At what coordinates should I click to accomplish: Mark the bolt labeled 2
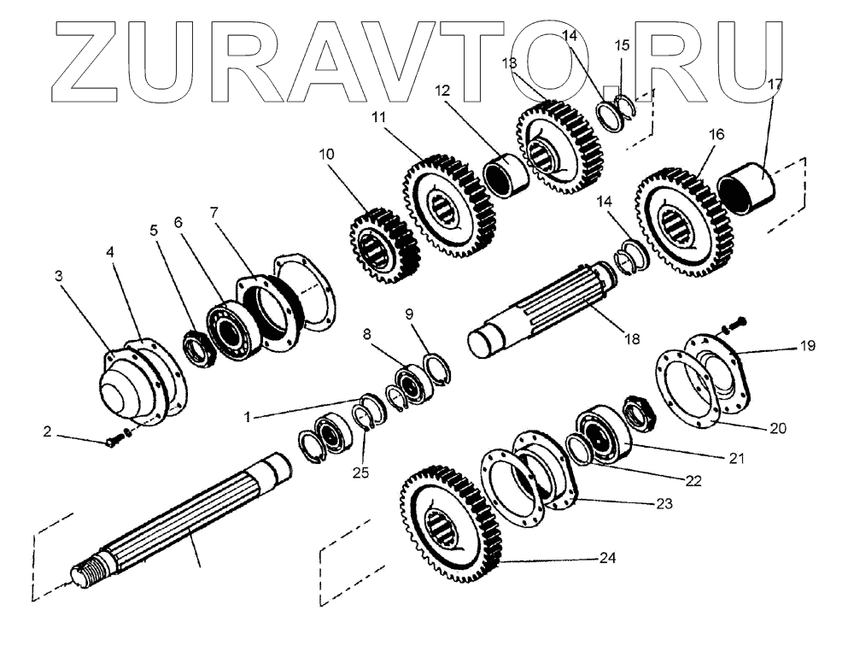(114, 441)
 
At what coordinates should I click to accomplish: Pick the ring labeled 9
(437, 369)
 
